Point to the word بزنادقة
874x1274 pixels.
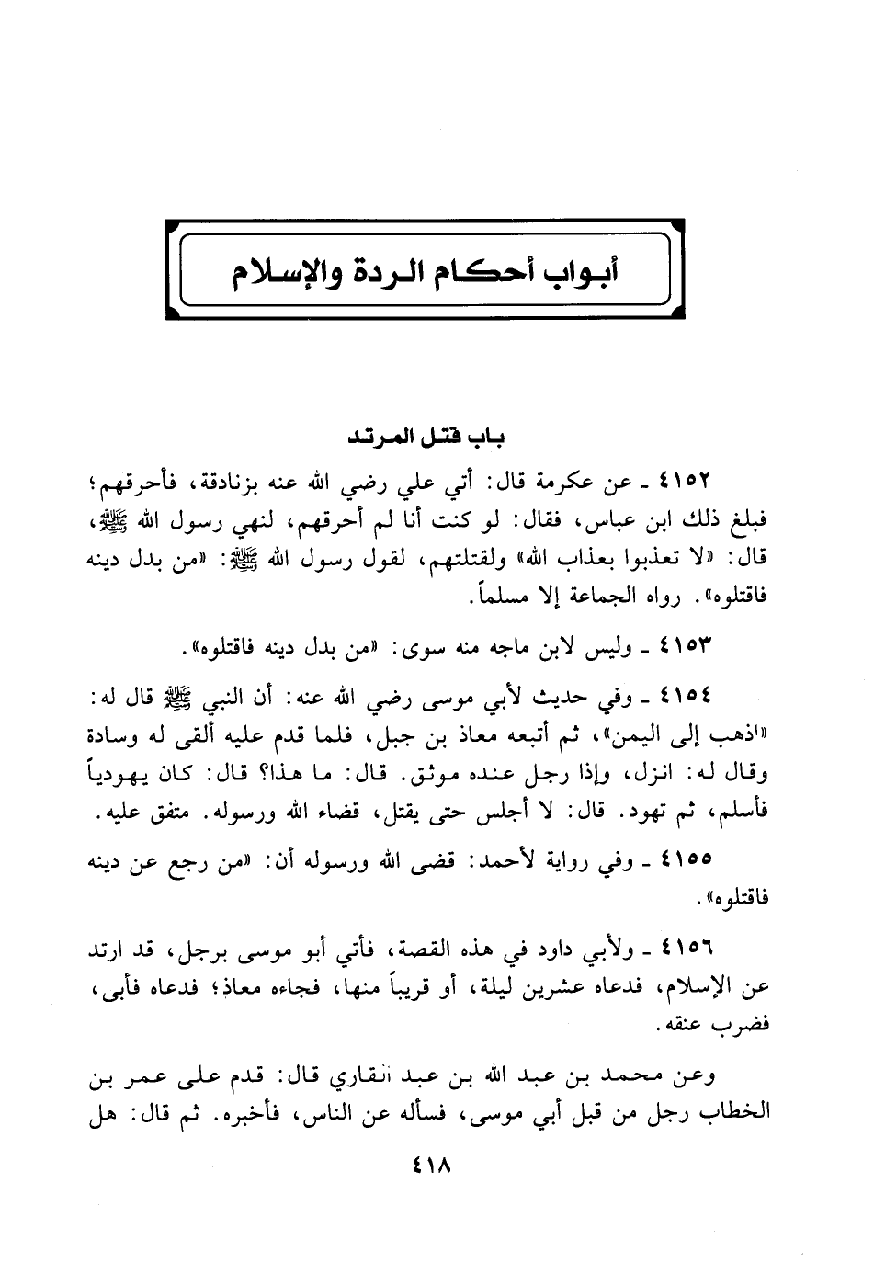[x=360, y=481]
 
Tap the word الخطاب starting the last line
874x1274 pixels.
[x=731, y=1114]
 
